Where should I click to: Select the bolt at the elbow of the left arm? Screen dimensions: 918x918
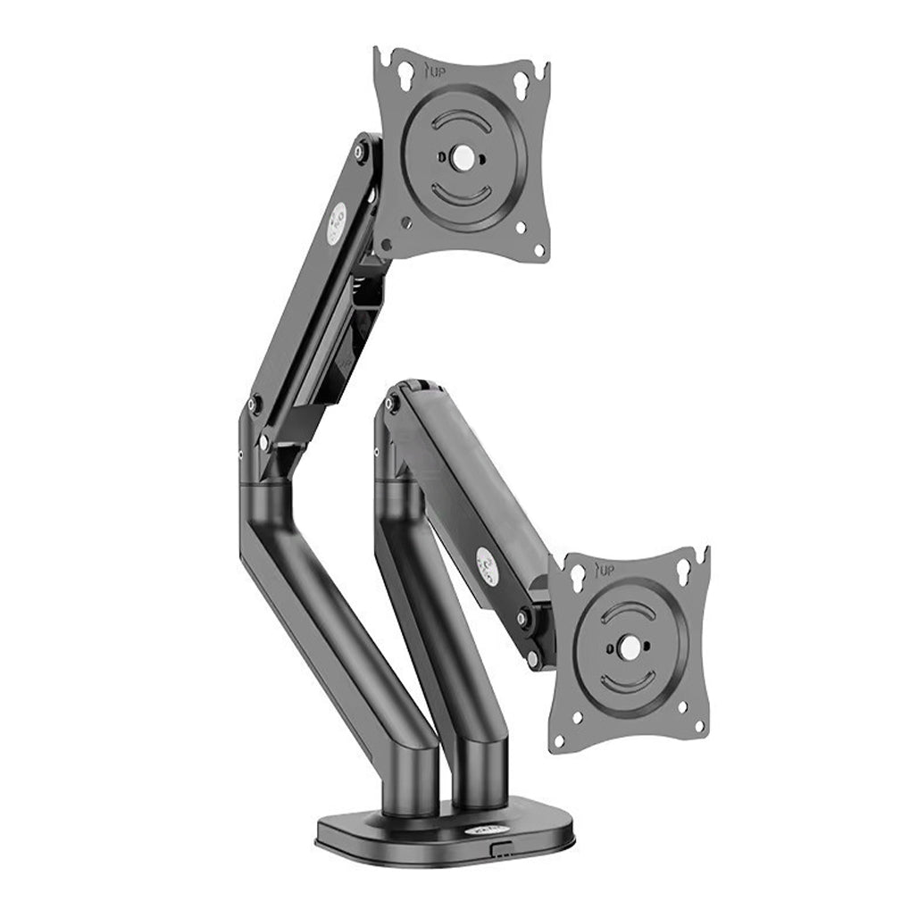254,404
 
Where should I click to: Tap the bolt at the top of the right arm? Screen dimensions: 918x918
389,405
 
